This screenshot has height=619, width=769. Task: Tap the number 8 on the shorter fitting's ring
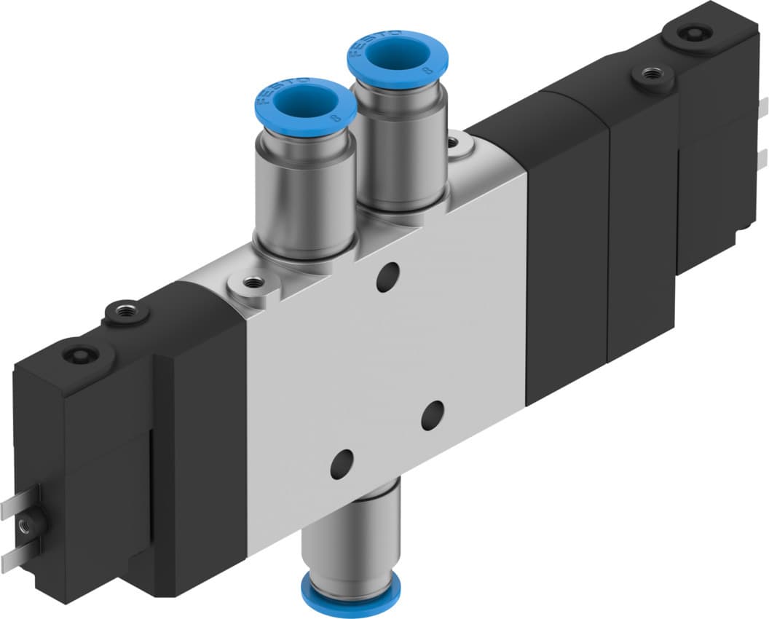pyautogui.click(x=335, y=116)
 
